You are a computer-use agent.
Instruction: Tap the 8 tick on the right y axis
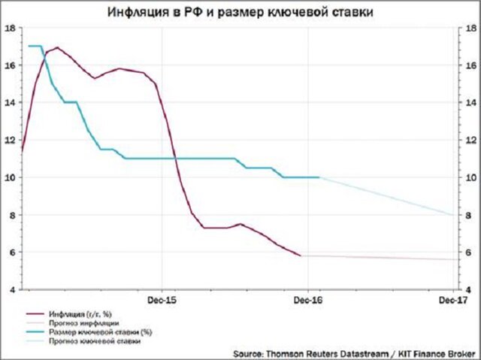tap(470, 215)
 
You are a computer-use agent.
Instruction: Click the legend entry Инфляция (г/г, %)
tap(83, 313)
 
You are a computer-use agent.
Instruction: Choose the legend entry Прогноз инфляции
tap(82, 322)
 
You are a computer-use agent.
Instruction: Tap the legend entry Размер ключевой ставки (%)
tap(95, 332)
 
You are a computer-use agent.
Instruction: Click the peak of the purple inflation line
tap(57, 48)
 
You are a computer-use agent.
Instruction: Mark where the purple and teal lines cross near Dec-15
tap(175, 158)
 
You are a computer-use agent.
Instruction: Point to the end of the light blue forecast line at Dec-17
tap(453, 214)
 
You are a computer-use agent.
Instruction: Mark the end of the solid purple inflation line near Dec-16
tap(301, 256)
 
